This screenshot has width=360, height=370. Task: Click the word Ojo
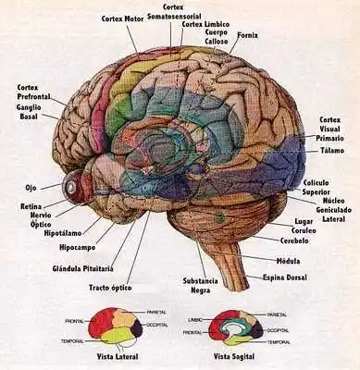pyautogui.click(x=30, y=188)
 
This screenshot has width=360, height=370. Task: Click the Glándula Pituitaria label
pyautogui.click(x=83, y=268)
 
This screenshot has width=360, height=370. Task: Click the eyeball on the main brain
pyautogui.click(x=71, y=187)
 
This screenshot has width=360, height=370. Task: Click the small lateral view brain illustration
pyautogui.click(x=115, y=327)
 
